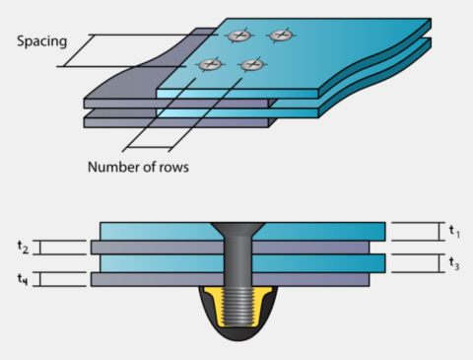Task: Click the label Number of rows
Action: [x=136, y=166]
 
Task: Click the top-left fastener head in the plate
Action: [x=237, y=36]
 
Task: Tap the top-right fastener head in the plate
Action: [x=280, y=36]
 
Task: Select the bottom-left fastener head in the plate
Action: [x=209, y=65]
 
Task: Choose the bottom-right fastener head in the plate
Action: [x=251, y=65]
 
